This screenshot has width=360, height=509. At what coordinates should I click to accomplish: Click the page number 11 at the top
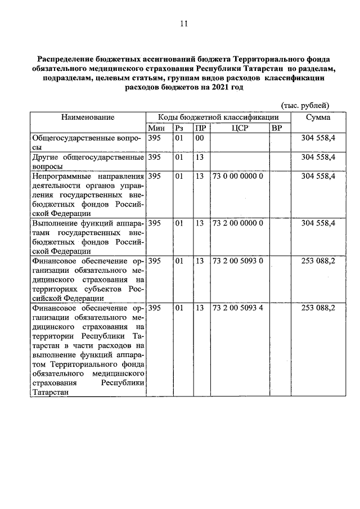(x=183, y=23)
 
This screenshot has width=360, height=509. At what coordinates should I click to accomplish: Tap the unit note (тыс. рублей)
(x=305, y=105)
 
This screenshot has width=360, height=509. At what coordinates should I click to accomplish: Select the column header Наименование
(x=88, y=117)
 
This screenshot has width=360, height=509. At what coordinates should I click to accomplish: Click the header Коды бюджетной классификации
(x=218, y=117)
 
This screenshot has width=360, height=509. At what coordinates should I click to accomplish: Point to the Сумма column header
(x=318, y=117)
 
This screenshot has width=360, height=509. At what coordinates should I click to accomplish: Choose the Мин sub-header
(x=156, y=128)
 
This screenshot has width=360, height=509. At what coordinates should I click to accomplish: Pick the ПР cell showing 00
(x=199, y=138)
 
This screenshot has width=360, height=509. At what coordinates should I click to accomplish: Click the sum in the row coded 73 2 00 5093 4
(x=318, y=308)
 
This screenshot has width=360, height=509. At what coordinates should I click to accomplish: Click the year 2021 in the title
(x=220, y=88)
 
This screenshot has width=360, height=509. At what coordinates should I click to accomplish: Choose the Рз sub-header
(x=179, y=128)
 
